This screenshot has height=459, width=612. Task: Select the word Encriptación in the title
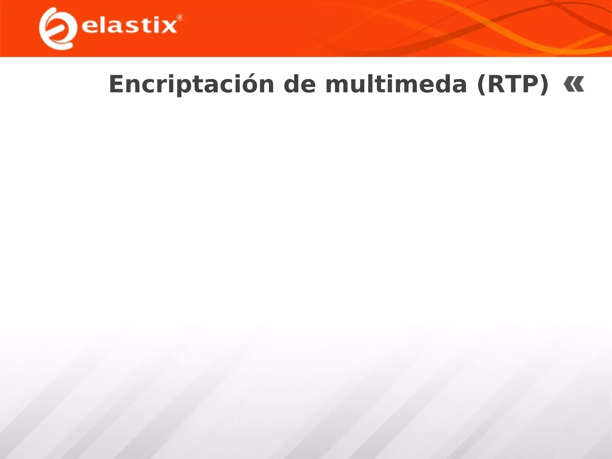191,85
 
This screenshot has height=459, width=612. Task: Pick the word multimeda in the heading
396,85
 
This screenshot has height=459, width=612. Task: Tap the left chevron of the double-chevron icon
568,84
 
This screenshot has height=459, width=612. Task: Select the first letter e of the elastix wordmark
89,27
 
